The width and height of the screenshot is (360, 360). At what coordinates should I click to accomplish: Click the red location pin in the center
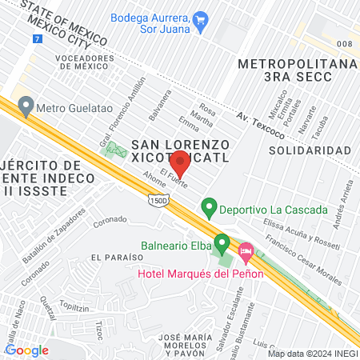click(180, 162)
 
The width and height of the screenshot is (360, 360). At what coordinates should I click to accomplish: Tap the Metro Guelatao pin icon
click(26, 105)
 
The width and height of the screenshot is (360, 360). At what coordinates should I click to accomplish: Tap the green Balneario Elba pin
click(222, 242)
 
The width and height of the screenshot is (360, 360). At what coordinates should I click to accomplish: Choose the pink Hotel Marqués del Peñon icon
click(246, 253)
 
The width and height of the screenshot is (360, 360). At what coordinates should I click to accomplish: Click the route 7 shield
click(37, 38)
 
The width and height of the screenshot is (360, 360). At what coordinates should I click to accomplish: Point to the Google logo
click(27, 350)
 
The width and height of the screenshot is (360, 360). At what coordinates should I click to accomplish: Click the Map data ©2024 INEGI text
click(312, 353)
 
